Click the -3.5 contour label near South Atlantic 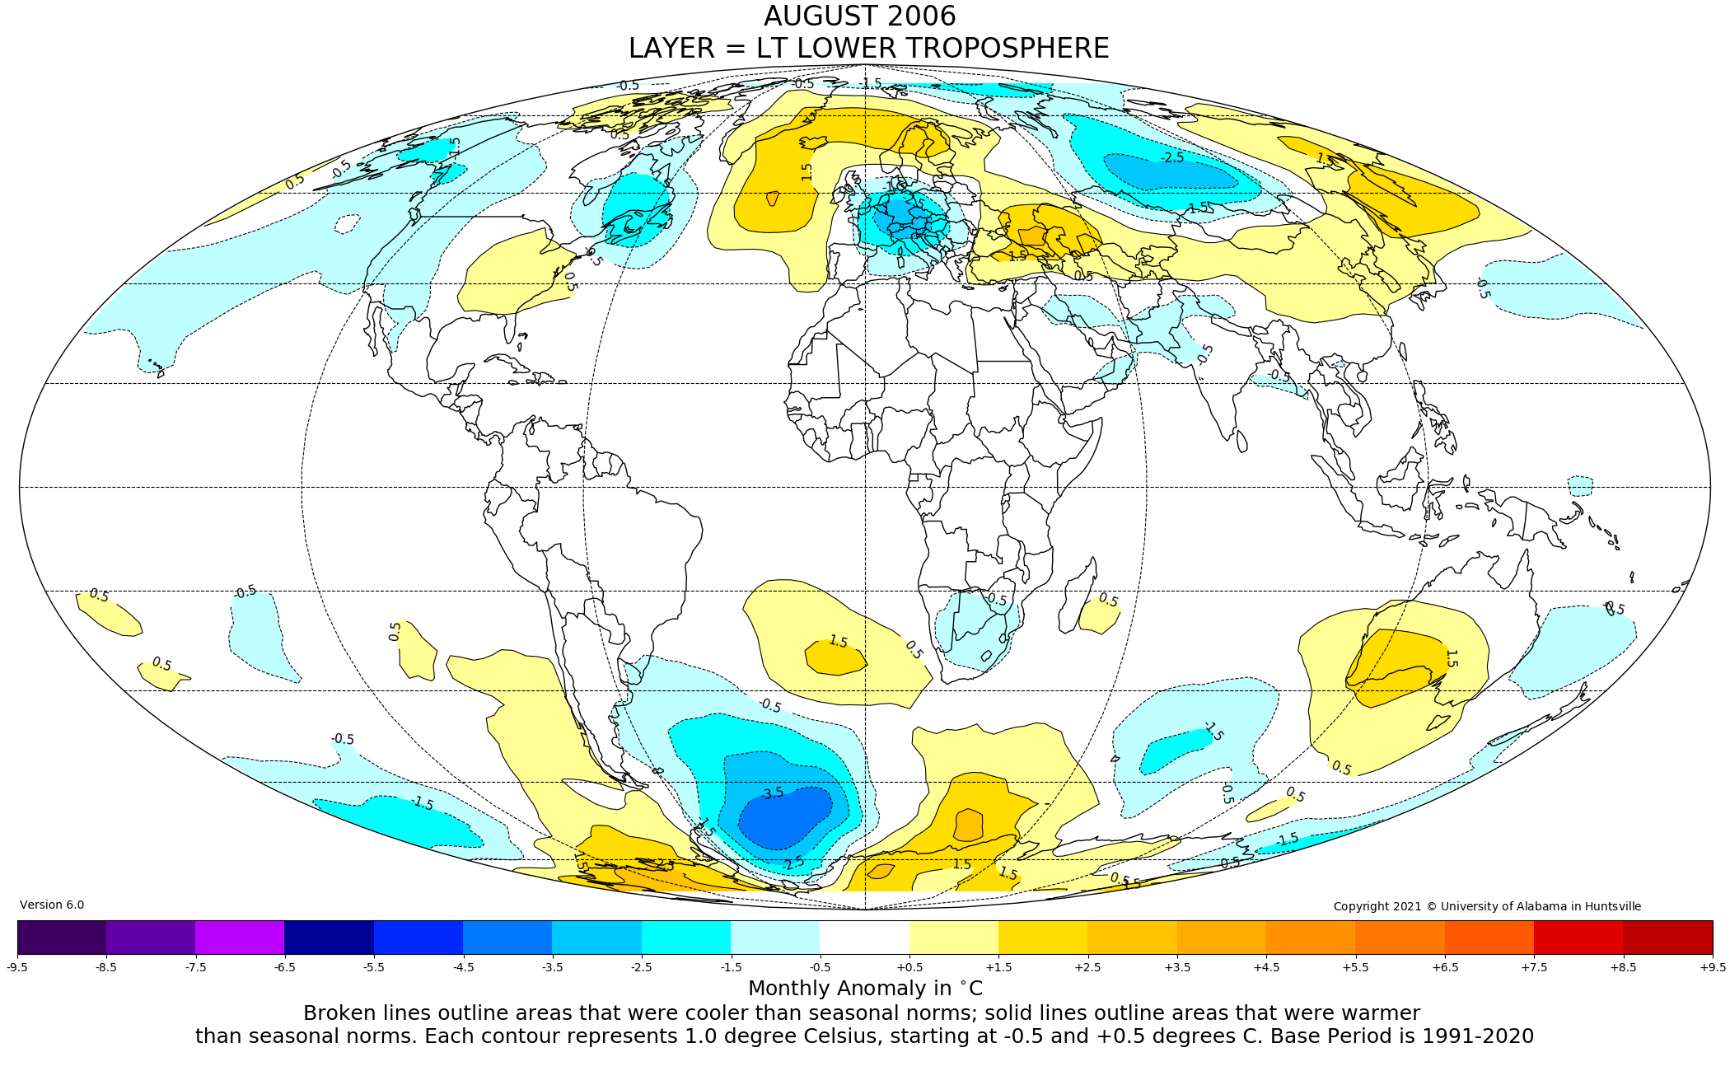(772, 793)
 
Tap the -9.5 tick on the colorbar (17, 967)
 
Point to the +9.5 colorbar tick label (1712, 967)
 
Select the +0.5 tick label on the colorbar (909, 967)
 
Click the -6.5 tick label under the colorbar (284, 967)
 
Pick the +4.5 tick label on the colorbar (1266, 967)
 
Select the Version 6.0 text (52, 905)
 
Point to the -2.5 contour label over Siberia (1172, 157)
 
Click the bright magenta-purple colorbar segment (240, 937)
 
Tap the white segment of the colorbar (865, 937)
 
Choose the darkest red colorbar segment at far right (1667, 937)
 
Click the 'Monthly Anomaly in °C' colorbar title (865, 989)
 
